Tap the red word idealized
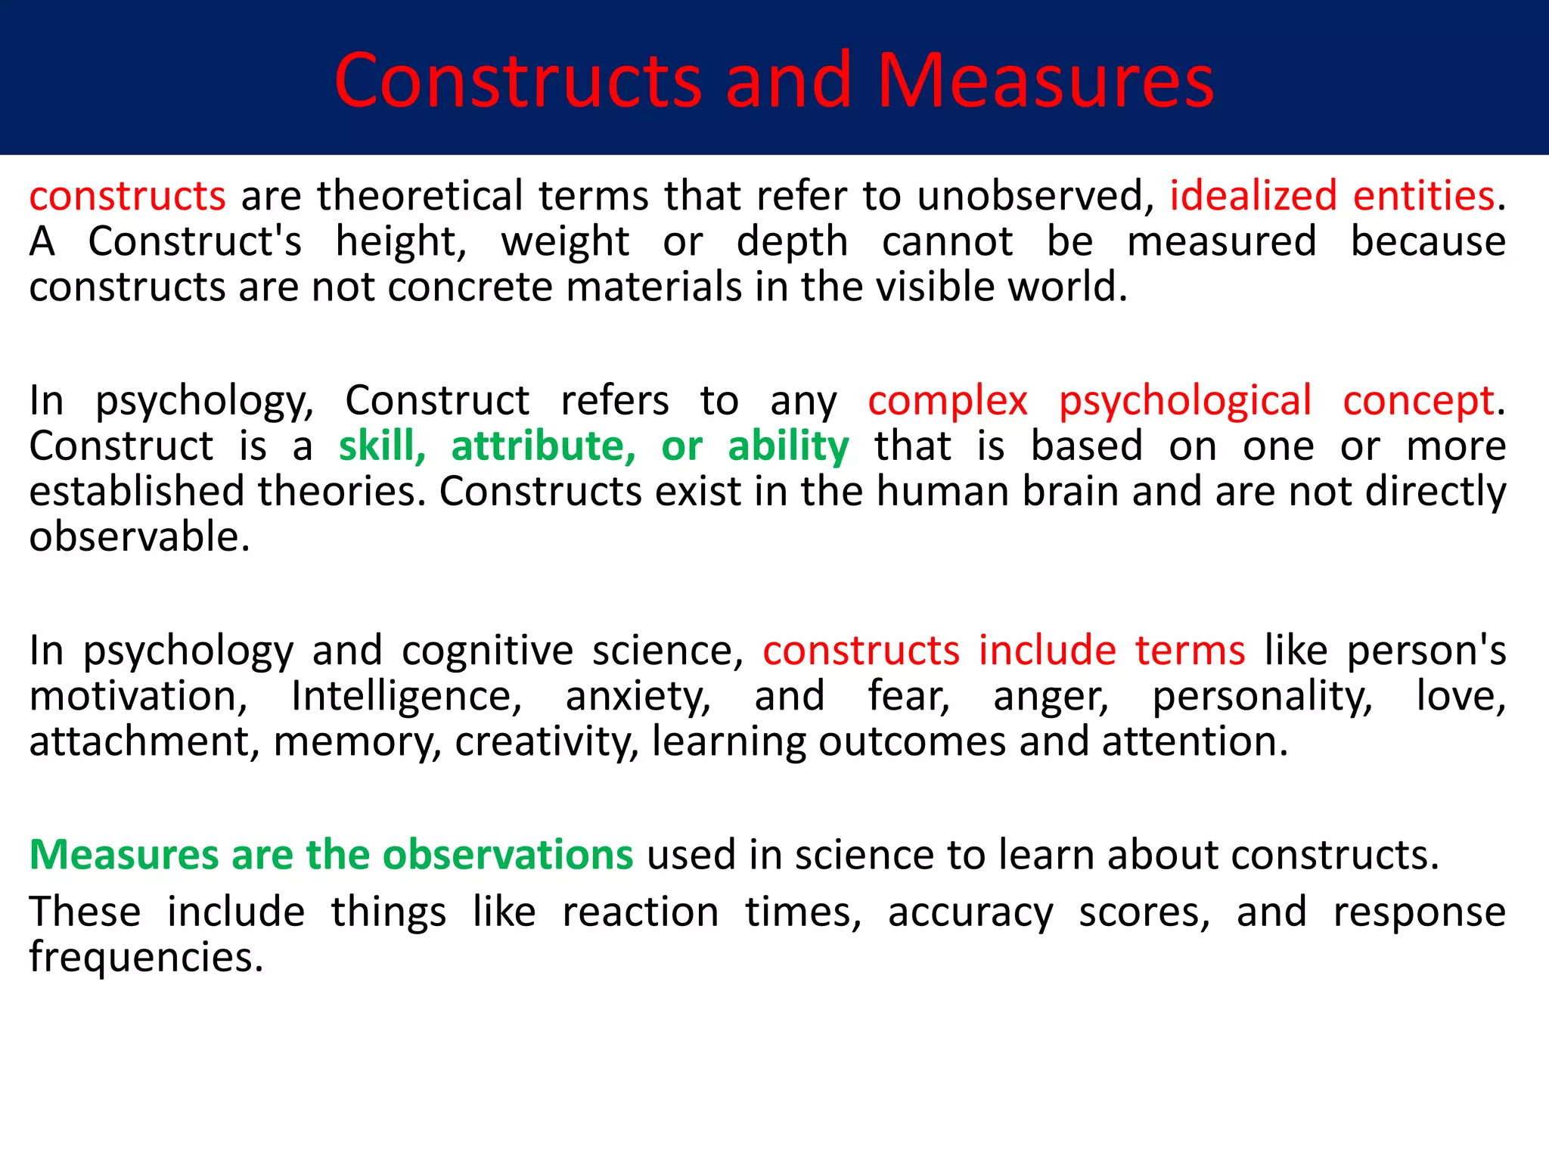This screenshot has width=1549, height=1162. click(x=1253, y=195)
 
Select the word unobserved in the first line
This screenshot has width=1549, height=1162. click(x=1035, y=195)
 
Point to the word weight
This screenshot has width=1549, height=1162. click(x=565, y=241)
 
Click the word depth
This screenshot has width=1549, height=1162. click(x=792, y=241)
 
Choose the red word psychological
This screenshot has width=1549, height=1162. click(x=1184, y=400)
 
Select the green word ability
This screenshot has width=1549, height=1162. click(x=788, y=446)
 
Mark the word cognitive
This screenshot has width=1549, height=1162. click(x=488, y=651)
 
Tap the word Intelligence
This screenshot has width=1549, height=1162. click(x=406, y=696)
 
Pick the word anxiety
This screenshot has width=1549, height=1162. click(x=638, y=696)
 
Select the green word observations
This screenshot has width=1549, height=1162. click(x=508, y=855)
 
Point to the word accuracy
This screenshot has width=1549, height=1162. click(x=970, y=912)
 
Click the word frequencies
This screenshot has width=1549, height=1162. click(x=146, y=957)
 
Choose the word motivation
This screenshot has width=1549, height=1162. click(x=138, y=696)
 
